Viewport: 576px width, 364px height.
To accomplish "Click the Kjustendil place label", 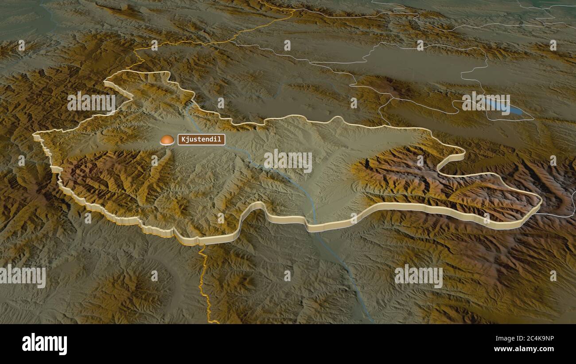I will (x=202, y=140).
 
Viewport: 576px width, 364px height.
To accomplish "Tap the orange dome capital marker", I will (x=167, y=140).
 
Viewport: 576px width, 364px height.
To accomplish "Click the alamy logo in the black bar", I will (x=44, y=344).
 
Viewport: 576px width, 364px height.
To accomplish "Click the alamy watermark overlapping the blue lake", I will (x=486, y=104).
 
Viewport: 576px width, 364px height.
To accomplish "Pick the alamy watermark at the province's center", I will (x=288, y=160).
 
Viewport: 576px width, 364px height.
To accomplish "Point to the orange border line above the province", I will (x=213, y=43).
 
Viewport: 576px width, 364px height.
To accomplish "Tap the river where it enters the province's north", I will (x=189, y=106).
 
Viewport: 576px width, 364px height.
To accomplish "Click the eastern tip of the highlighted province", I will (x=540, y=202).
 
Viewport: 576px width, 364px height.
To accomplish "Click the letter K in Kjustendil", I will (x=183, y=140).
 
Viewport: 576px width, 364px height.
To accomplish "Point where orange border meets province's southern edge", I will (x=201, y=243).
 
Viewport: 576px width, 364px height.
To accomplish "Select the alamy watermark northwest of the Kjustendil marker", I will (x=91, y=102).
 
